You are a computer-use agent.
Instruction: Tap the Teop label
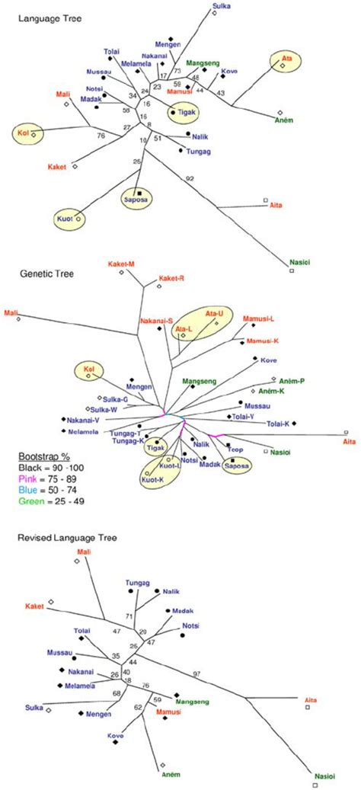pos(235,450)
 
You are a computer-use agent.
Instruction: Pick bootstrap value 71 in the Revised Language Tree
pos(129,616)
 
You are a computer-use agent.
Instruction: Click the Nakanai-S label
pos(155,321)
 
